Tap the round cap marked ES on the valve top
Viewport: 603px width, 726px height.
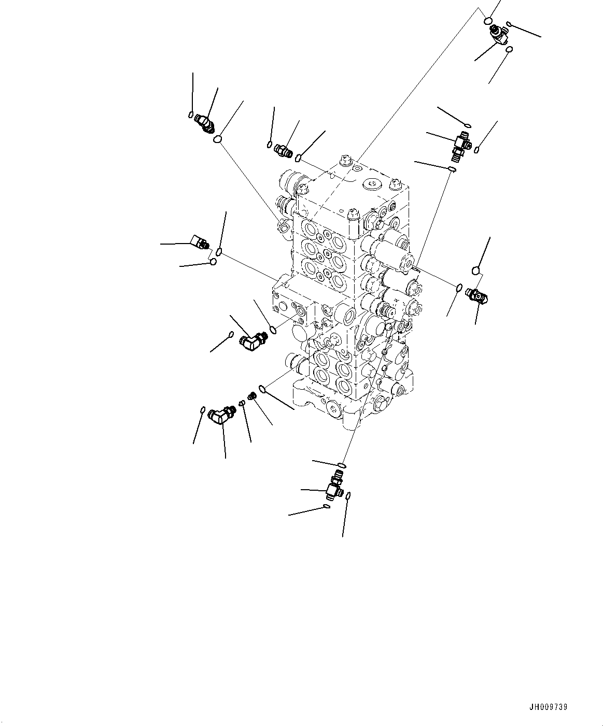371,182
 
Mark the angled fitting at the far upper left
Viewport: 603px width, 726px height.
204,124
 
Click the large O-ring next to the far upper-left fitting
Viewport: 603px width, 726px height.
219,139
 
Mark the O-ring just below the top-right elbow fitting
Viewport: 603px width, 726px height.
510,50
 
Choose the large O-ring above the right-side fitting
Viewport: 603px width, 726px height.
476,270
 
